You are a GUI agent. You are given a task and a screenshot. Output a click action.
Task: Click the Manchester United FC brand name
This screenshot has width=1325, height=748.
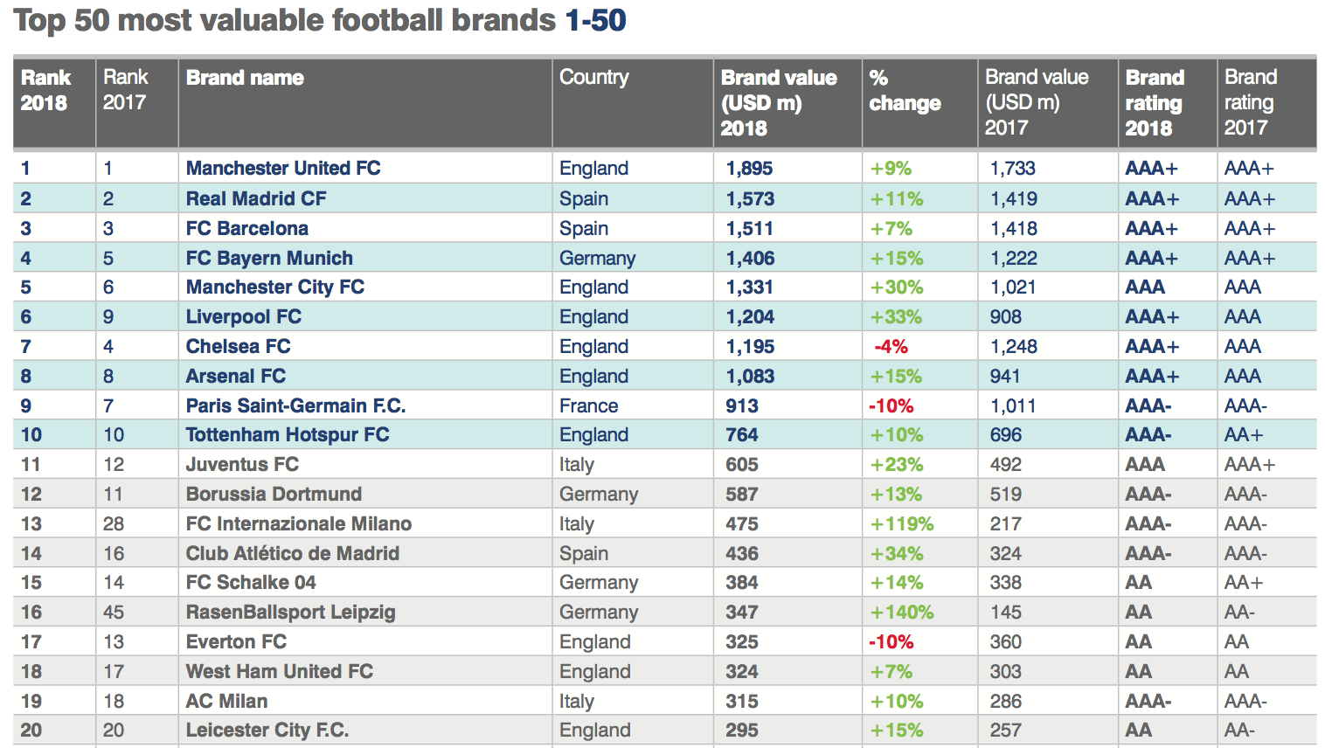(x=283, y=168)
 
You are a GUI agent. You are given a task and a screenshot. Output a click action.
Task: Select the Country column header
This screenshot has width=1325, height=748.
(x=593, y=78)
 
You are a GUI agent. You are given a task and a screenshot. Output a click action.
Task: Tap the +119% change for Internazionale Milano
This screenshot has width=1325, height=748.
(x=901, y=524)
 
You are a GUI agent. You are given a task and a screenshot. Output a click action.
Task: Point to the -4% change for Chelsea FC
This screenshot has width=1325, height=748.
(x=891, y=347)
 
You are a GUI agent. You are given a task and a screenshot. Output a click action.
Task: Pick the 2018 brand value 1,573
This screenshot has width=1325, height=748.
(x=750, y=199)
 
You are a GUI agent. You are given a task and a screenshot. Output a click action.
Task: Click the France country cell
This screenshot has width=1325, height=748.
(x=588, y=406)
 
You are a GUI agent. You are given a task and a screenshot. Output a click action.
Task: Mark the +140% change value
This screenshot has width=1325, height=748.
(x=901, y=613)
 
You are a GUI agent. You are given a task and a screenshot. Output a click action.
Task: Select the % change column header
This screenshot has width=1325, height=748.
(x=904, y=91)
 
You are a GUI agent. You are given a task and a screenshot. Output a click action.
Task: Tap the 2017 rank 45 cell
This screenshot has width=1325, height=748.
(x=114, y=613)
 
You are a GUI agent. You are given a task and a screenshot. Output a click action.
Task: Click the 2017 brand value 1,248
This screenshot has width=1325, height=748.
(x=1013, y=347)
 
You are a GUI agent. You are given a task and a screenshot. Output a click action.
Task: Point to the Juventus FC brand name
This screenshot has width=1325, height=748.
(x=242, y=465)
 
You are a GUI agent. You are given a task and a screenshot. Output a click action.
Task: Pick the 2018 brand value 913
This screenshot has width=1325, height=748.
(x=742, y=406)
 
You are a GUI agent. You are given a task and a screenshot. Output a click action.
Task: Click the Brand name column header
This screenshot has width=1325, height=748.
(x=245, y=78)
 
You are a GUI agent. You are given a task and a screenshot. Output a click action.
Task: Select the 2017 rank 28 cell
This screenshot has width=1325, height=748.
(x=114, y=524)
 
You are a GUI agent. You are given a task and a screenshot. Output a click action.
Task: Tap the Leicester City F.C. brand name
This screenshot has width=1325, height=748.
(x=267, y=731)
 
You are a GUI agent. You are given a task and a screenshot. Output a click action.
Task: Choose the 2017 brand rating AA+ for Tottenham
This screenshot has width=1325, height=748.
(x=1243, y=435)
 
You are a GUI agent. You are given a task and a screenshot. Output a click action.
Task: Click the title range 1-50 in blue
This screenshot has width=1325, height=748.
(x=595, y=20)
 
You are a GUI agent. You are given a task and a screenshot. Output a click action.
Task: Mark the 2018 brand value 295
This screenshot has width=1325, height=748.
(x=742, y=731)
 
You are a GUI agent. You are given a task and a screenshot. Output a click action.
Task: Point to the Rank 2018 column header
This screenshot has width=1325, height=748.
(x=45, y=90)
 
